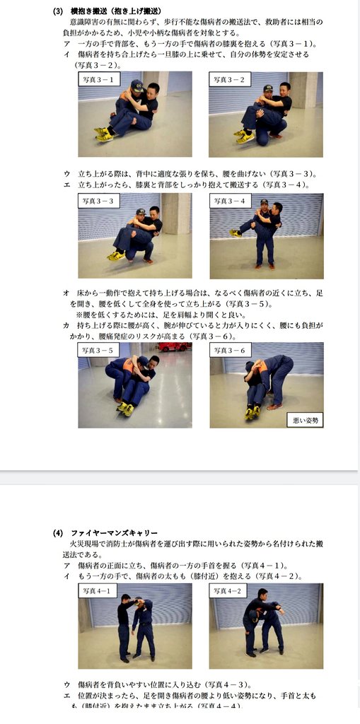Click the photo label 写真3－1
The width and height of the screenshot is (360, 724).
[x=100, y=79]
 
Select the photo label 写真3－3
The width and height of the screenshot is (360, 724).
[x=100, y=201]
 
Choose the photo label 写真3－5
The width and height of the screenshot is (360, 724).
[x=99, y=350]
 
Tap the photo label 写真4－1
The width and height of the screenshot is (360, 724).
[x=98, y=590]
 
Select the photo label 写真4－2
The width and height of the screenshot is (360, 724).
[x=228, y=590]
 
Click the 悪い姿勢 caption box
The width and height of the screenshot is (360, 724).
[x=305, y=420]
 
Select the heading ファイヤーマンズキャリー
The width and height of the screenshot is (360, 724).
[x=114, y=532]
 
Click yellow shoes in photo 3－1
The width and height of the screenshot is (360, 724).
[x=104, y=133]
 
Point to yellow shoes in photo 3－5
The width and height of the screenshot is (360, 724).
[x=124, y=408]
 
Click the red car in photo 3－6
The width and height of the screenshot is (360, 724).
[x=174, y=346]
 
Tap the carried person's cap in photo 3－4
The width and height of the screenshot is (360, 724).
[x=263, y=204]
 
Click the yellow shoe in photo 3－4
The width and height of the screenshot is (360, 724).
[x=234, y=232]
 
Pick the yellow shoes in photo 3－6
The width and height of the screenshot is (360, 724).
[x=251, y=412]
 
